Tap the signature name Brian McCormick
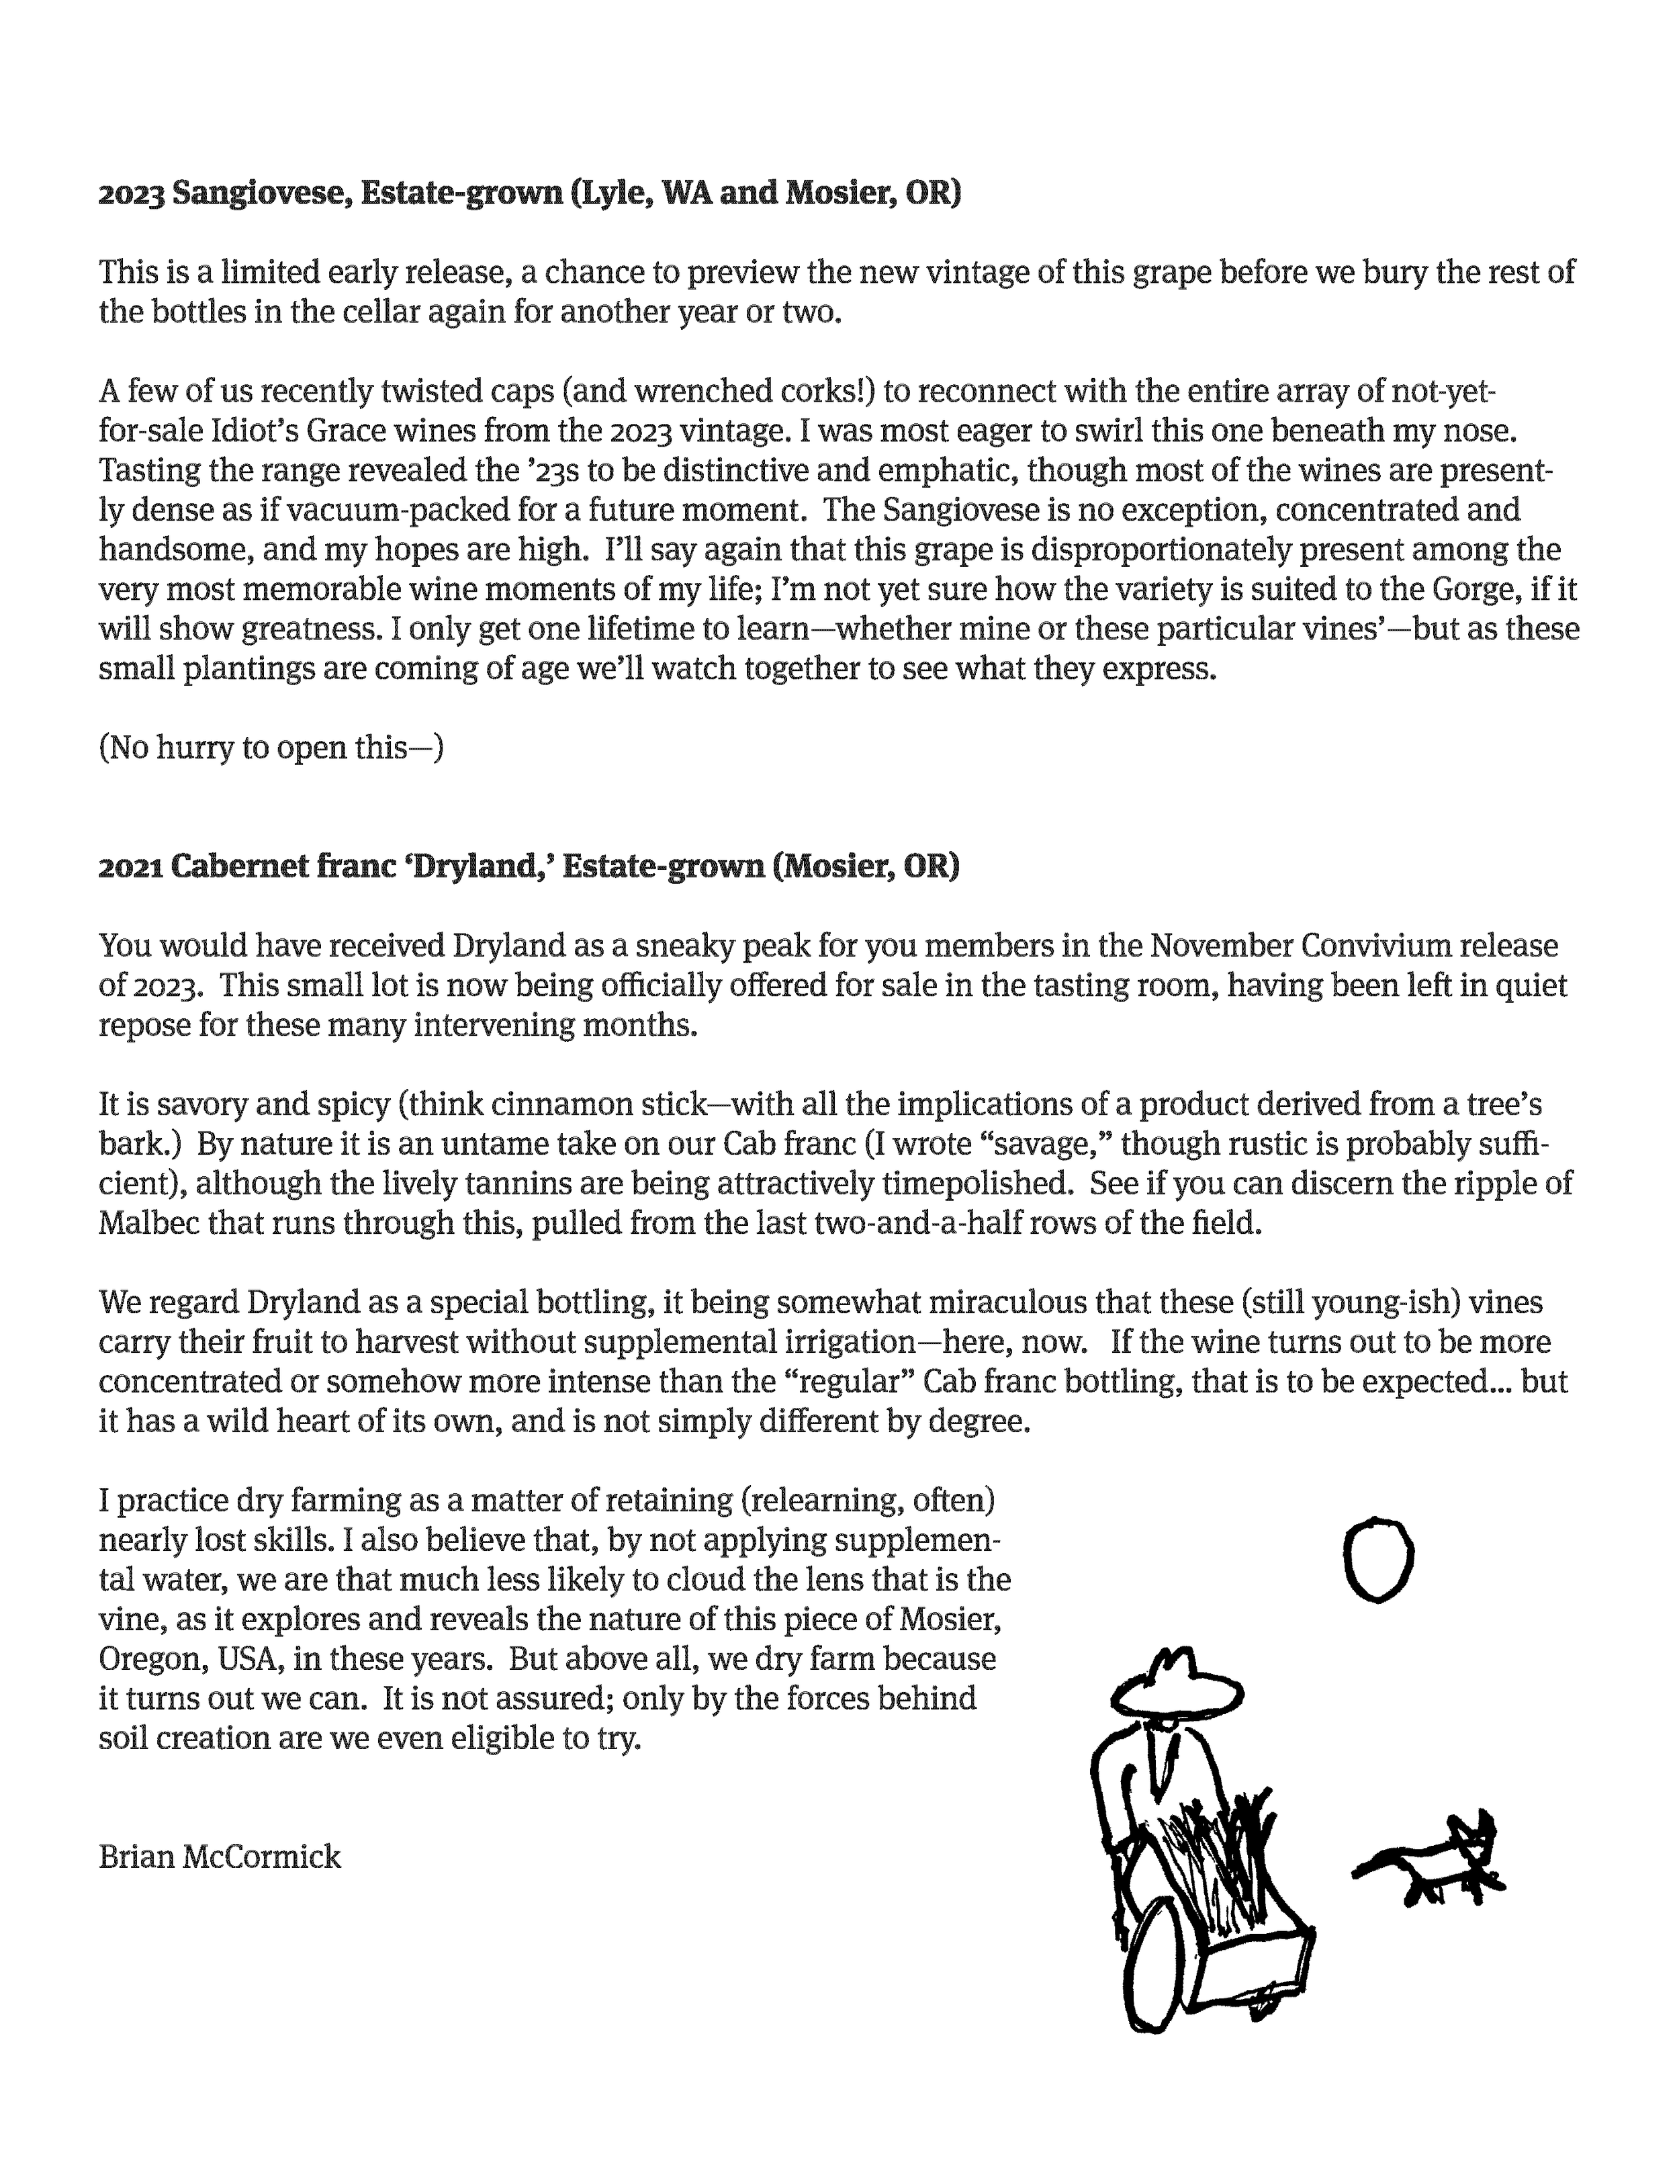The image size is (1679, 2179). pyautogui.click(x=220, y=1857)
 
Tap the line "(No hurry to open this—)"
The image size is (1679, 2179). pyautogui.click(x=271, y=748)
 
